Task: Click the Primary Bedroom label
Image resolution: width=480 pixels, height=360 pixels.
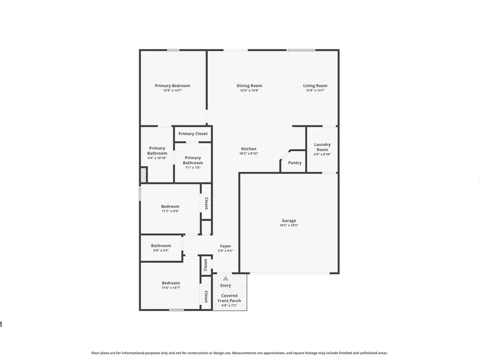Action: pos(172,86)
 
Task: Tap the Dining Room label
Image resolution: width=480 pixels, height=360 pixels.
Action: pos(249,86)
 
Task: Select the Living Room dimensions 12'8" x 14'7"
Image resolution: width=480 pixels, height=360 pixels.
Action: pos(315,91)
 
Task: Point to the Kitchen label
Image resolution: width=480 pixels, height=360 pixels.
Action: pos(249,149)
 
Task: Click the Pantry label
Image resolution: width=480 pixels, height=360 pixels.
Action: pos(295,163)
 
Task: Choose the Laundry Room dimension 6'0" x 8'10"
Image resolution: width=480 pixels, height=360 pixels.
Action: pos(323,154)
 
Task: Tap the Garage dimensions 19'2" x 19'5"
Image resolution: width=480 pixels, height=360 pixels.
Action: pos(288,226)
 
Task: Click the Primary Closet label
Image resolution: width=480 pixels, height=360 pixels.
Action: pos(193,134)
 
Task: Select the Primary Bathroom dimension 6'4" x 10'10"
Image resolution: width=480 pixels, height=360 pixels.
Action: pos(157,158)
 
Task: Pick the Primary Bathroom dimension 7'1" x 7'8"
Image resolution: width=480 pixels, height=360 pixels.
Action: pos(193,168)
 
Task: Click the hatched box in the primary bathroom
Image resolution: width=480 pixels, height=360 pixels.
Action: pos(144,175)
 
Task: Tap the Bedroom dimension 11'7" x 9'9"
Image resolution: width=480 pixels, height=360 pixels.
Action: pos(170,211)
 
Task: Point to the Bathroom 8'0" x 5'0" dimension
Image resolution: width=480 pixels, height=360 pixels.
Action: pos(161,251)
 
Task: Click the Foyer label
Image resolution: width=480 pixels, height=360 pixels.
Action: pos(225,246)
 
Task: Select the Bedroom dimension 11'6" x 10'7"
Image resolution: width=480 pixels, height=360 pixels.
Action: pos(171,288)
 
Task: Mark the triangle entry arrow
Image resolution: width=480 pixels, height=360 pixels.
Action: pos(225,278)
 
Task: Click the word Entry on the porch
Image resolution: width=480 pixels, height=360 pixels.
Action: pos(226,286)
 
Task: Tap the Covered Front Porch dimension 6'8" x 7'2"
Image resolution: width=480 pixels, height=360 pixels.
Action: pos(229,305)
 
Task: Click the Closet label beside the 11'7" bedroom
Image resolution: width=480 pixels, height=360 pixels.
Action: pos(206,203)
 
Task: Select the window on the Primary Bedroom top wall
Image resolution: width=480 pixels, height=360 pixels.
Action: pos(173,50)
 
